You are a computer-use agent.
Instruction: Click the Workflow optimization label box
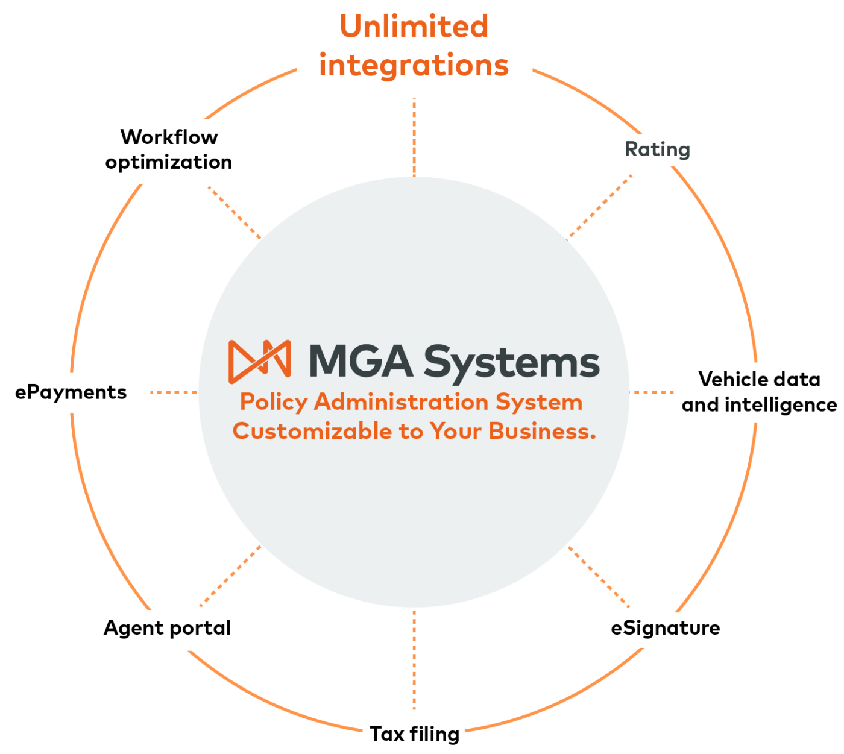pyautogui.click(x=169, y=151)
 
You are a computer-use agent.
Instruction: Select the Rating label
pyautogui.click(x=657, y=149)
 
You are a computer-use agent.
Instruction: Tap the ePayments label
pyautogui.click(x=70, y=392)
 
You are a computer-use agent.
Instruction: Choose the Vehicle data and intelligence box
pyautogui.click(x=759, y=392)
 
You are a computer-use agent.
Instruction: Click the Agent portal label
pyautogui.click(x=166, y=629)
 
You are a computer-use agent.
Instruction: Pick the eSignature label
pyautogui.click(x=665, y=629)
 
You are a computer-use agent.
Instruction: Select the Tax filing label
pyautogui.click(x=414, y=734)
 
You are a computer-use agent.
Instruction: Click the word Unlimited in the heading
pyautogui.click(x=414, y=27)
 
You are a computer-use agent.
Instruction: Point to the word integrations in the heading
pyautogui.click(x=414, y=65)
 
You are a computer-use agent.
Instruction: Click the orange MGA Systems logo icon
pyautogui.click(x=260, y=362)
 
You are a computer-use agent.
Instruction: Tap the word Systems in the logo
pyautogui.click(x=511, y=363)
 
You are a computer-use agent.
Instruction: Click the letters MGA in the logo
pyautogui.click(x=361, y=362)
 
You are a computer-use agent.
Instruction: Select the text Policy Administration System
pyautogui.click(x=411, y=402)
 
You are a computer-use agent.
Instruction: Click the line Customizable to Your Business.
pyautogui.click(x=414, y=431)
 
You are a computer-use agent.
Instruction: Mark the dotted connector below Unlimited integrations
pyautogui.click(x=414, y=137)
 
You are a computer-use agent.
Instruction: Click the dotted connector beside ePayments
pyautogui.click(x=174, y=392)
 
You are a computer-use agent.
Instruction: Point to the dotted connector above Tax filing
pyautogui.click(x=414, y=660)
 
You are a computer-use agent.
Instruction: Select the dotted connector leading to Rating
pyautogui.click(x=600, y=206)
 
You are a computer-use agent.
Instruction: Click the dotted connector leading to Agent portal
pyautogui.click(x=230, y=576)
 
